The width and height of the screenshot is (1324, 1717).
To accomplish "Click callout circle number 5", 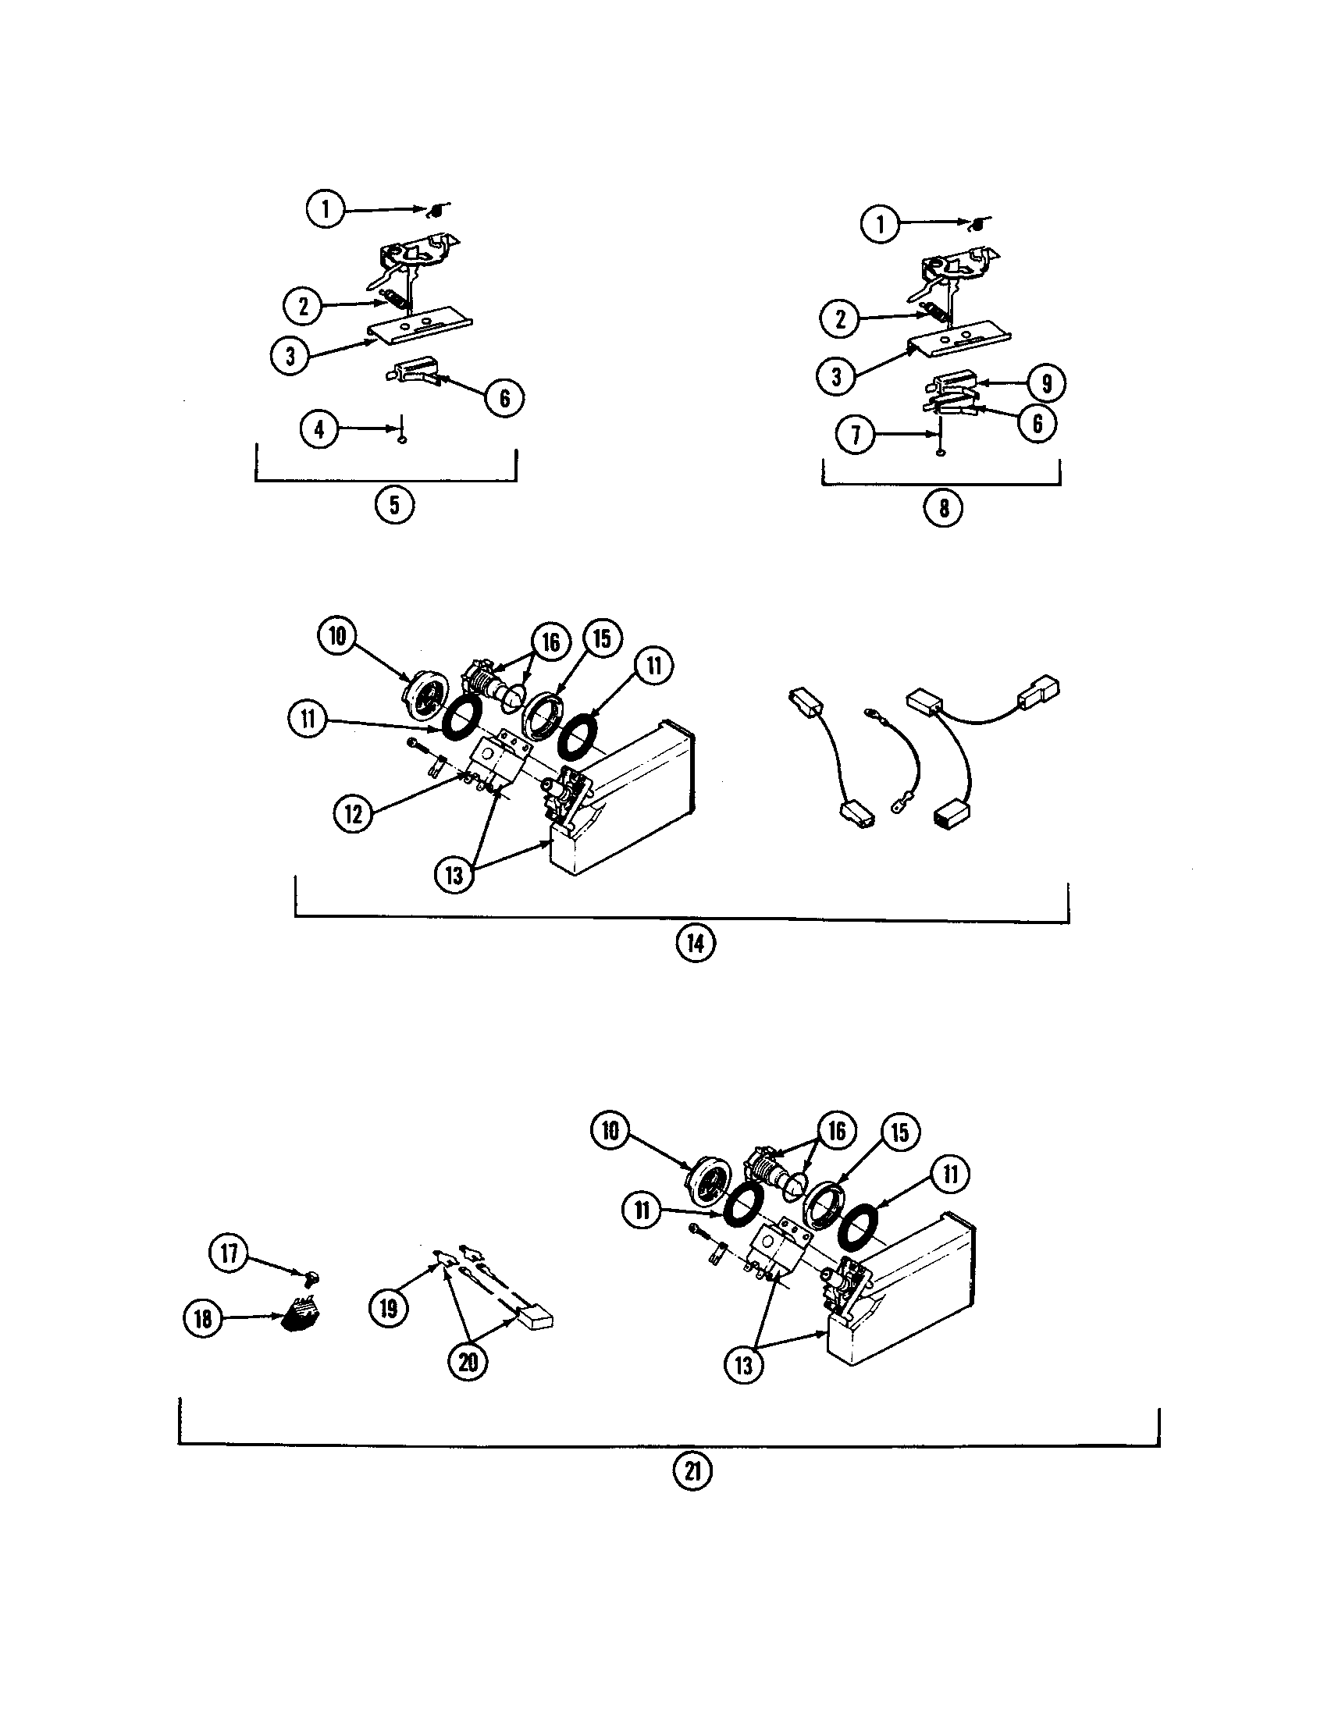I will click(394, 505).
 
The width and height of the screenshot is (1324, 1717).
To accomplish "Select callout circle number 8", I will click(944, 508).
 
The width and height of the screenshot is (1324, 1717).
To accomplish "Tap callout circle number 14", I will click(696, 943).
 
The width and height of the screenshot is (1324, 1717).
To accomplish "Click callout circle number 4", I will click(319, 429).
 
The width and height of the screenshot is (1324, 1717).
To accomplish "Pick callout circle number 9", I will click(1046, 384).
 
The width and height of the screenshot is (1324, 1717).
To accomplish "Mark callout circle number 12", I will click(354, 814).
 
